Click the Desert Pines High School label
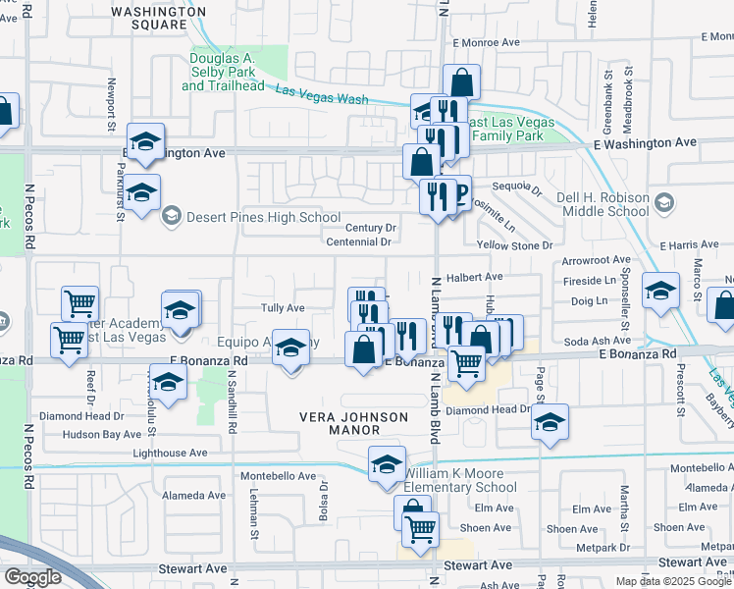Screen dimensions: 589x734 pyautogui.click(x=264, y=217)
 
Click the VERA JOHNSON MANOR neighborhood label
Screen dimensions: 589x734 pyautogui.click(x=353, y=424)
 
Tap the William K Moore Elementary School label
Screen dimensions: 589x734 pyautogui.click(x=459, y=480)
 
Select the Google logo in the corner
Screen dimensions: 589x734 pyautogui.click(x=32, y=576)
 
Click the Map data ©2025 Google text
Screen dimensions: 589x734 pyautogui.click(x=673, y=581)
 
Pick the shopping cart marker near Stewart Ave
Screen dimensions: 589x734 pyautogui.click(x=420, y=529)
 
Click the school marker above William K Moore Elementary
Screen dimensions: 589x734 pyautogui.click(x=387, y=462)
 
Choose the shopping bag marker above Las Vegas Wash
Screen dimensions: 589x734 pyautogui.click(x=461, y=81)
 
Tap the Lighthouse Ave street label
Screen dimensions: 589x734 pyautogui.click(x=170, y=453)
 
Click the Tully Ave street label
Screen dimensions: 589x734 pyautogui.click(x=283, y=308)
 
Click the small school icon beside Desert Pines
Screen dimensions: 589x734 pyautogui.click(x=172, y=216)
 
